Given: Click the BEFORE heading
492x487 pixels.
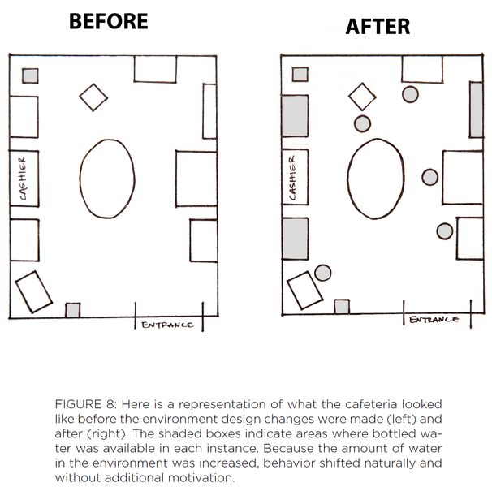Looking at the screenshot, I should pos(108,20).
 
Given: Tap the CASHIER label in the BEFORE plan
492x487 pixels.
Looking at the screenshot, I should pos(24,179).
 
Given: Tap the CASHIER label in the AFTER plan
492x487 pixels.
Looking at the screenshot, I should pos(295,179).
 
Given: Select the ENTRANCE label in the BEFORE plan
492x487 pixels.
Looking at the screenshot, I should pos(168,325).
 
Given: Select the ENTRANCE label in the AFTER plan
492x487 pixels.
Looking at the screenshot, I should pos(434,320).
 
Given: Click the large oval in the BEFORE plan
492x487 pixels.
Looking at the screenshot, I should pos(107,176).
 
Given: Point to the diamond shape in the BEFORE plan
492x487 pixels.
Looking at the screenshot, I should pos(93,97).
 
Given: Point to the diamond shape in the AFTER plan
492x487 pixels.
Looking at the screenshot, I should pos(363,97).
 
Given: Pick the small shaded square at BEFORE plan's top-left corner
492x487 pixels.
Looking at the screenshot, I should pos(29,75).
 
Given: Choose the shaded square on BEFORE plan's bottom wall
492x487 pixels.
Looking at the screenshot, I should pos(73,310).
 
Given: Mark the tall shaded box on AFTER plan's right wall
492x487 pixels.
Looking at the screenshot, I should pos(477,109).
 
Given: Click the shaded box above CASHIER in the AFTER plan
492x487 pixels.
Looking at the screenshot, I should pos(295,115).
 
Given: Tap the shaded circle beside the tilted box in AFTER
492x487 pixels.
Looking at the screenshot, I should pos(323,273).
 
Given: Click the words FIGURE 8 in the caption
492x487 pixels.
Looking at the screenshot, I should pos(84,403).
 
